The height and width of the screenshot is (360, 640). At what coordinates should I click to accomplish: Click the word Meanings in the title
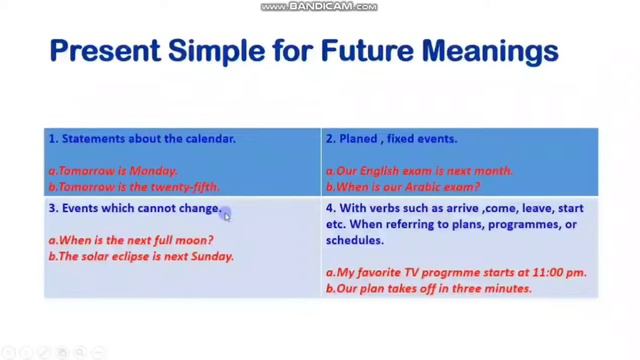[490, 50]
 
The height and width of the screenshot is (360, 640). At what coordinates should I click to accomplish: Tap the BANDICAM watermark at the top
[319, 7]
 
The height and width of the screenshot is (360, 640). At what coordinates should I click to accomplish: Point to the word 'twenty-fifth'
[186, 187]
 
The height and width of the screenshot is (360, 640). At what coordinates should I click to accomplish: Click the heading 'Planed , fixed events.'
[392, 139]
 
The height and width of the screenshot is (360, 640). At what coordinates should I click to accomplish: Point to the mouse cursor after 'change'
[227, 215]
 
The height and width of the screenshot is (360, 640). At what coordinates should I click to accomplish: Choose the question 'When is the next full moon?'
[131, 241]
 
